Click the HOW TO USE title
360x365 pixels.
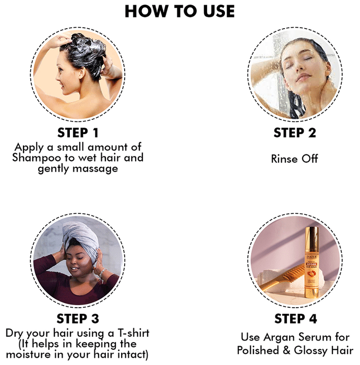coord(180,11)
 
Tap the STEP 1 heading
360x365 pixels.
coord(78,133)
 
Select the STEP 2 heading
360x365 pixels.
coord(295,133)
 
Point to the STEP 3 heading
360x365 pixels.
coord(78,319)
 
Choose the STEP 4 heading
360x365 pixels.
coord(296,319)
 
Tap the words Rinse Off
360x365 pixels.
coord(295,159)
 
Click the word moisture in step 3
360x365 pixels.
coord(28,355)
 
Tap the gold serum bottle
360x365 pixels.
coord(311,262)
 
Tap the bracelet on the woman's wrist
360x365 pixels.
coord(102,273)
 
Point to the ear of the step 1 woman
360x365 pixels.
coord(82,72)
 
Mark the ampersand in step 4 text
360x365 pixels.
coord(286,350)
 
